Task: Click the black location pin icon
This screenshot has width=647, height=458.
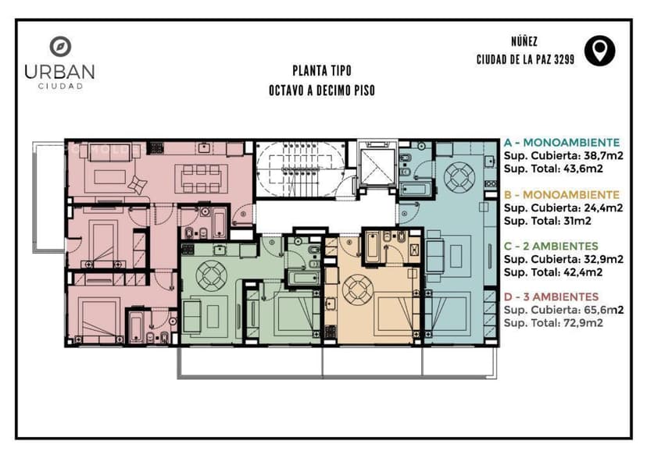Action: [x=599, y=51]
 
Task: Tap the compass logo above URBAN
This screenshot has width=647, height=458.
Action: [x=60, y=46]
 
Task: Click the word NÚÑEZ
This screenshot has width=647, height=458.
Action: [x=524, y=41]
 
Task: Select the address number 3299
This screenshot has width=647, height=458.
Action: [x=563, y=59]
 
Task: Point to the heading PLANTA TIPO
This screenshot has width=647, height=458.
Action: [x=322, y=71]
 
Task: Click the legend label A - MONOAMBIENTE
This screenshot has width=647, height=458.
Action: [x=562, y=143]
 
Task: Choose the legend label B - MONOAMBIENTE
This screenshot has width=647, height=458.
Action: [x=562, y=194]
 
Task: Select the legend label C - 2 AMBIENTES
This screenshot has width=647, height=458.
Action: [x=551, y=247]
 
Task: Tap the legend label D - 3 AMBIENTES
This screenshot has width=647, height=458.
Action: [x=551, y=296]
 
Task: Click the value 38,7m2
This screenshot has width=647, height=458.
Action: [x=603, y=156]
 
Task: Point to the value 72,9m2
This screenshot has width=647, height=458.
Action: [x=583, y=323]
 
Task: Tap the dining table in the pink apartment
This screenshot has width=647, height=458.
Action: [x=201, y=179]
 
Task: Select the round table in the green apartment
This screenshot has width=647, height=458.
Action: [x=211, y=275]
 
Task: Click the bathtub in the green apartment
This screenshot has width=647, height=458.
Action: [x=304, y=278]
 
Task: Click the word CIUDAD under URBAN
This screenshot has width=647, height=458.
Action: [x=60, y=86]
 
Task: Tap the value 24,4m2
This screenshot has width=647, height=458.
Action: [x=603, y=208]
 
